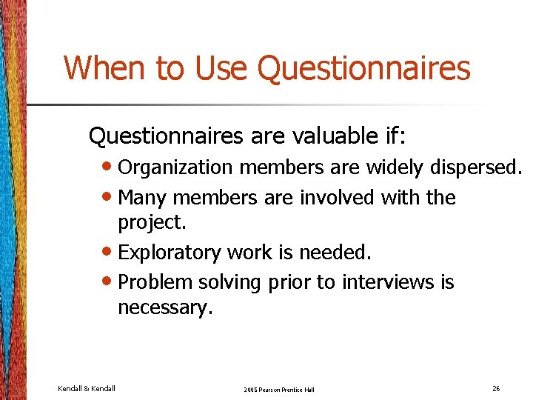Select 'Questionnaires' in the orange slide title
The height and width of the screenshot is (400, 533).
click(x=363, y=68)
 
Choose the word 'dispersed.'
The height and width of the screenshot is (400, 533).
click(x=476, y=169)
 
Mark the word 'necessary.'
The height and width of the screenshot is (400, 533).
click(x=165, y=307)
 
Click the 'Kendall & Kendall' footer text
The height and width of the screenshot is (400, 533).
click(x=86, y=388)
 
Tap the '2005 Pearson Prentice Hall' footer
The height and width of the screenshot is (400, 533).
click(x=279, y=389)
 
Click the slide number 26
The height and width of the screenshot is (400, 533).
click(x=495, y=388)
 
